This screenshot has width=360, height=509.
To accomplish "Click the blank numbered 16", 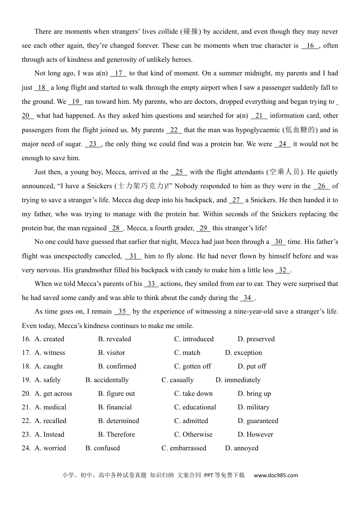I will pos(310,46).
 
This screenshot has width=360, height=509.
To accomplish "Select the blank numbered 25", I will pos(179,172).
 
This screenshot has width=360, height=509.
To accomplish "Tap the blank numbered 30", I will pos(278,242).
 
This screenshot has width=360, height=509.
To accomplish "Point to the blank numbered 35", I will pos(122,312).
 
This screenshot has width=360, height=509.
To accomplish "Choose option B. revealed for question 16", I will pos(114,339).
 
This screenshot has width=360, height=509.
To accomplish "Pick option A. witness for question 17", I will pos(50,353).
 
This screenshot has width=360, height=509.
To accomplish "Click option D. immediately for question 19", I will pos(238,380).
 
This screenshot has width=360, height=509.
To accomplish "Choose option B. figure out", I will pos(116,393).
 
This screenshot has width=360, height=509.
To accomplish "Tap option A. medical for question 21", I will pos(50,407).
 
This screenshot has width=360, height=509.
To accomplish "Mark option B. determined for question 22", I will pos(118,421).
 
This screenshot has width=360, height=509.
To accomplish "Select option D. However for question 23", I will pos(255,434).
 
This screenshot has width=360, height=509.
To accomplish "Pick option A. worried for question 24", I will pos(50,448).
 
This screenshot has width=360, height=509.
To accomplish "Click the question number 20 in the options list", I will pos(26,393).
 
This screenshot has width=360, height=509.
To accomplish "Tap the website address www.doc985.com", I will pos(275,475).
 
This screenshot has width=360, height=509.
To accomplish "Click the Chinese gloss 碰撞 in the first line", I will pos(191,32).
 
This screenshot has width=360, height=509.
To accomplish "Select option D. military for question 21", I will pos(254,407).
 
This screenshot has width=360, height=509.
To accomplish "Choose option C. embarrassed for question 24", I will pos(184,448).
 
